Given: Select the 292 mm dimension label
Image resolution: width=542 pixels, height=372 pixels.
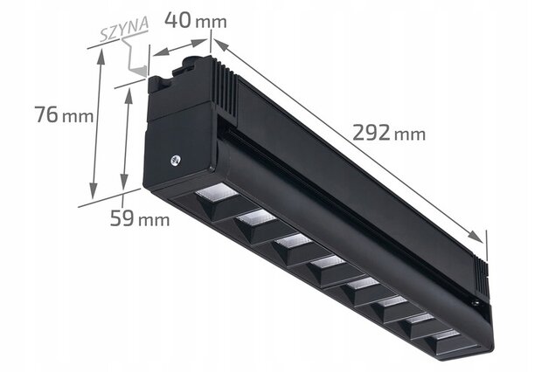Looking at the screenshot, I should tap(389, 132).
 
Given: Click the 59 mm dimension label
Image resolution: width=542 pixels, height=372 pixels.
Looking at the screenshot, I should tap(140, 218).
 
